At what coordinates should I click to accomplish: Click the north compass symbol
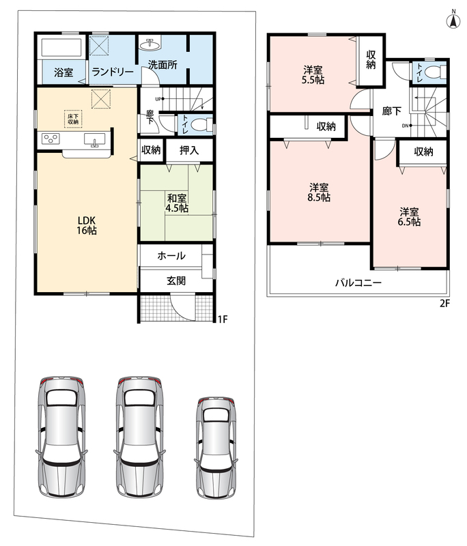coord(453,20)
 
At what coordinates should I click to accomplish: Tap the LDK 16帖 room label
coord(87,225)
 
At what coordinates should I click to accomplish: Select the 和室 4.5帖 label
coord(177,203)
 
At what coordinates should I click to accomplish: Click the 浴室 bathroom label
coord(63,72)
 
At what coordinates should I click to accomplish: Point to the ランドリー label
coord(112,72)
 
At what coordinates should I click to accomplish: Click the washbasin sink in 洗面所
coord(150,44)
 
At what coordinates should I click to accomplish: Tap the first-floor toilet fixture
coord(201,124)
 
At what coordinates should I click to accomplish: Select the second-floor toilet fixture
coord(436,72)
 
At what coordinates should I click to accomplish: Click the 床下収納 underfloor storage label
coord(73,119)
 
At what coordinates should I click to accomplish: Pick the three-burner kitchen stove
coord(51,139)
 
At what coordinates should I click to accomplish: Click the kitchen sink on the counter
coord(94,140)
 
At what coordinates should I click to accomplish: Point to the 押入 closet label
coord(189,150)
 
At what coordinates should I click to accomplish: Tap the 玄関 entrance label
coord(176,281)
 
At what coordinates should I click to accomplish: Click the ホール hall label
coord(171,256)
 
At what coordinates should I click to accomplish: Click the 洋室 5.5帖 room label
coord(313,75)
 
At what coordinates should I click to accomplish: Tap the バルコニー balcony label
coord(358,283)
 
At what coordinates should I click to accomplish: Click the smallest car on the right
coord(216,448)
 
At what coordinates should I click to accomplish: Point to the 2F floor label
coord(444,304)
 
